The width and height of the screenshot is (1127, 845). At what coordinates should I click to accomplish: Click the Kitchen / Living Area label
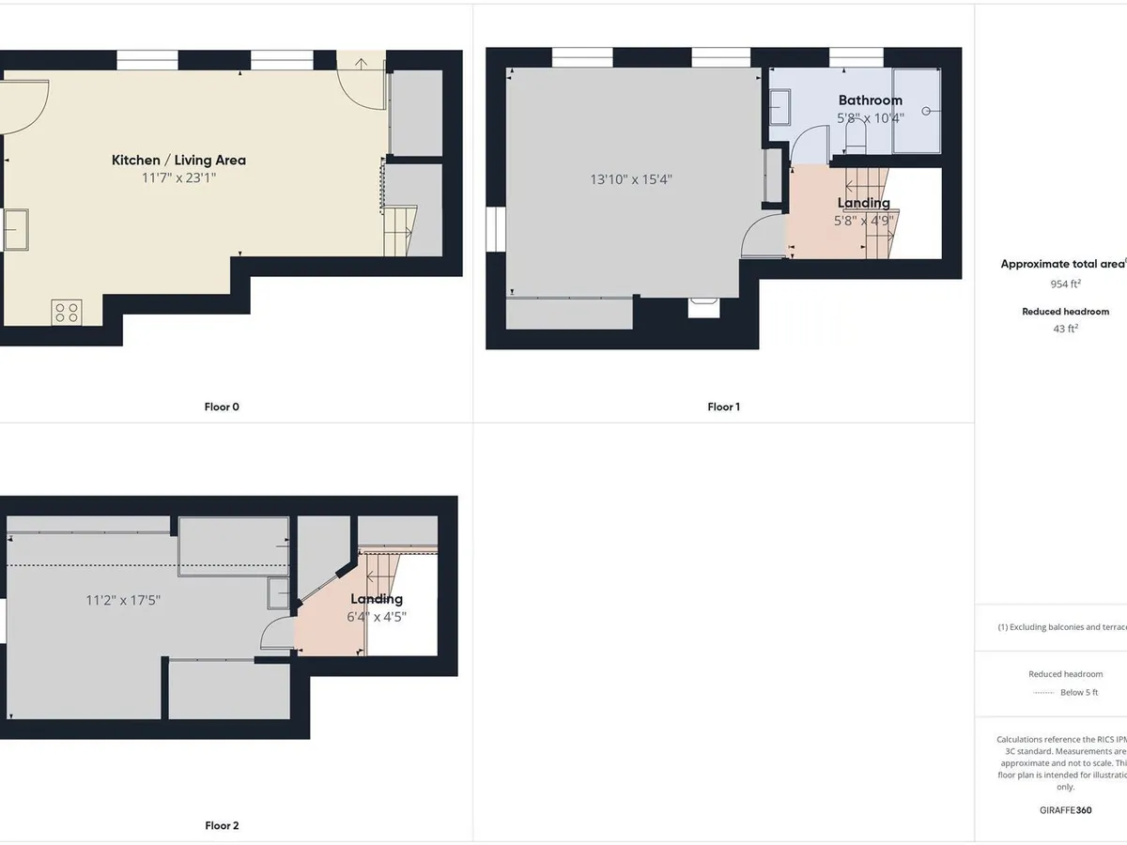(178, 161)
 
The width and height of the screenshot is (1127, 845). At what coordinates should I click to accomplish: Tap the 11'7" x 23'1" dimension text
(178, 177)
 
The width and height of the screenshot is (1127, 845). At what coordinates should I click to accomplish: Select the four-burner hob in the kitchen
(67, 312)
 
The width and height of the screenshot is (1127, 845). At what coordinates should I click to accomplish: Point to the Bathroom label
(870, 100)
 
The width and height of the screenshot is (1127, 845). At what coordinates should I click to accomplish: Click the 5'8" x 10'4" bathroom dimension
(870, 118)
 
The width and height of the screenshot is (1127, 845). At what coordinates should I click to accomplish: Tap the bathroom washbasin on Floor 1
(781, 107)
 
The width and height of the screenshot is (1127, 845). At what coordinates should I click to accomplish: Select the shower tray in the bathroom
(916, 110)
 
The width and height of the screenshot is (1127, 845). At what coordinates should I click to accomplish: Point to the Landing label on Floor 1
(863, 203)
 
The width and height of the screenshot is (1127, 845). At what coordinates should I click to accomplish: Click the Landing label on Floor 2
(377, 599)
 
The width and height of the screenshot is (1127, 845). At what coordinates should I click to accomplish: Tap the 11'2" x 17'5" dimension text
(123, 600)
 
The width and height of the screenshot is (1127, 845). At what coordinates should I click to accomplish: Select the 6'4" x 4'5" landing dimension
(378, 617)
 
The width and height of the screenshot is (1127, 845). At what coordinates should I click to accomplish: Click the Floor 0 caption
(222, 407)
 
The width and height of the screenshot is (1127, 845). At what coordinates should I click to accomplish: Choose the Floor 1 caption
(723, 407)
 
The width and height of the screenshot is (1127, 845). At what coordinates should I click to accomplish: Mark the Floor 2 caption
(222, 825)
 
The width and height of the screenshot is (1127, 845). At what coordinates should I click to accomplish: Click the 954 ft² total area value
(1065, 284)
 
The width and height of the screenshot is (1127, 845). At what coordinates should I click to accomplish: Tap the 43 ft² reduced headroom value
(1065, 329)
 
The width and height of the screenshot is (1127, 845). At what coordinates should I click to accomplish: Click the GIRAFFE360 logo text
(1065, 809)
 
